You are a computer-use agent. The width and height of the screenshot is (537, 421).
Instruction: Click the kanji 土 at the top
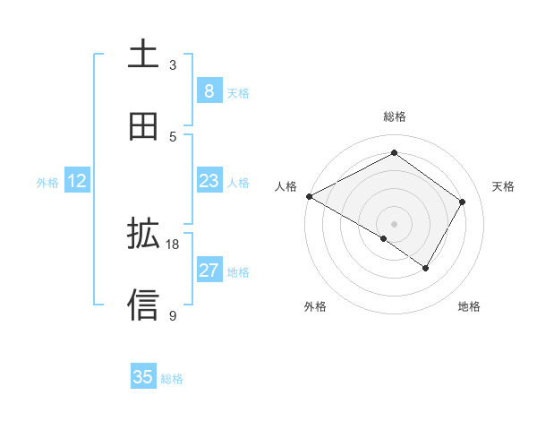(143, 55)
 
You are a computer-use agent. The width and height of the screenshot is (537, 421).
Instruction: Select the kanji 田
(143, 126)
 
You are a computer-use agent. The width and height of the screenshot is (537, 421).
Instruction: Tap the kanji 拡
(143, 234)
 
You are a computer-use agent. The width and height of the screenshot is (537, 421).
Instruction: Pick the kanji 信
(143, 305)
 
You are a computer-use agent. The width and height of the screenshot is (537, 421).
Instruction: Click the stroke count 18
(173, 244)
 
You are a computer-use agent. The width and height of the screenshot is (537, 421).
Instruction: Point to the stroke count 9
(173, 315)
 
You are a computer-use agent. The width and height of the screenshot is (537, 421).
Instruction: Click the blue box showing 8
(209, 90)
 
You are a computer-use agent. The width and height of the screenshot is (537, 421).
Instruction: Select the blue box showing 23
(209, 181)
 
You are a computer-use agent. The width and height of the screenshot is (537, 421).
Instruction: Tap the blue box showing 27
(209, 271)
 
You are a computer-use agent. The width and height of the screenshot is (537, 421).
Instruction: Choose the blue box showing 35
(143, 377)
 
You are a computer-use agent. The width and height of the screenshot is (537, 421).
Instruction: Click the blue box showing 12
(77, 181)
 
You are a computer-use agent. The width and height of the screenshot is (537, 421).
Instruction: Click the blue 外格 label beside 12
(47, 182)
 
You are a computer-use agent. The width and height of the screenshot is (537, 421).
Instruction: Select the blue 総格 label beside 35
(172, 378)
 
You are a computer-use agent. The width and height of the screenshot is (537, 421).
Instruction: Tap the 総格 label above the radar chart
(394, 116)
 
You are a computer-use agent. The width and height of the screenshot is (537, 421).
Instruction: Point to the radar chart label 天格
(503, 186)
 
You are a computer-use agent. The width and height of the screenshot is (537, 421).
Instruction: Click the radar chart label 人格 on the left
(285, 186)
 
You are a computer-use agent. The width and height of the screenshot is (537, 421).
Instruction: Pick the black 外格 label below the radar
(315, 306)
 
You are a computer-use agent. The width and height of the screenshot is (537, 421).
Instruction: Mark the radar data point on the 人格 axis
(309, 196)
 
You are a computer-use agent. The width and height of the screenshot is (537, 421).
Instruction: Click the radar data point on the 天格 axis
(463, 202)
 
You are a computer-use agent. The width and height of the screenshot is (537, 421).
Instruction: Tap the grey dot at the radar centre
(394, 223)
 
